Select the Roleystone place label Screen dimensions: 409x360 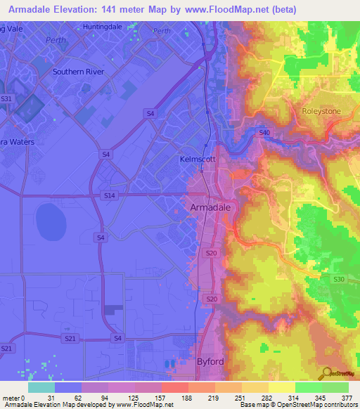pos(321,112)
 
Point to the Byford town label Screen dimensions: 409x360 pos(208,361)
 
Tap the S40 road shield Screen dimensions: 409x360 pos(264,132)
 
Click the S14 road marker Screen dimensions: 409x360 pos(108,195)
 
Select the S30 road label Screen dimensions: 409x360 pos(338,279)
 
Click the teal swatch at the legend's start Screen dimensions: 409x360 pos(41,387)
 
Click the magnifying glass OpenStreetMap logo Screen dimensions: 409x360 pos(326,374)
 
